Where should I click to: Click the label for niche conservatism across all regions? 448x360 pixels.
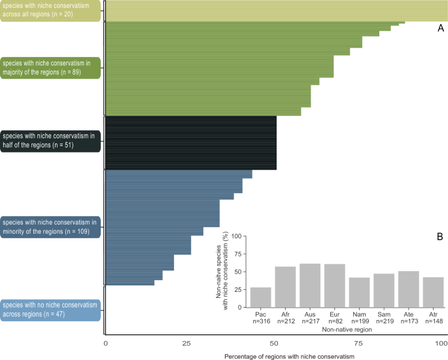[x=50, y=10]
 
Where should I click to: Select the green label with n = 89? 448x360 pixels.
[x=50, y=67]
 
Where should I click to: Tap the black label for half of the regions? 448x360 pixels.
[x=50, y=140]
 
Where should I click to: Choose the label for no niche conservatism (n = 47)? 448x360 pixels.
[x=50, y=310]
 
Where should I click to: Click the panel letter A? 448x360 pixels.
[x=441, y=29]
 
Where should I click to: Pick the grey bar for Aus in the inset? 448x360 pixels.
[x=309, y=285]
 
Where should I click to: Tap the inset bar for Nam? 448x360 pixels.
[x=360, y=292]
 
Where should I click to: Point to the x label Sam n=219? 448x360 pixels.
[x=384, y=317]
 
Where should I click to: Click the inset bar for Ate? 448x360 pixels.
[x=408, y=289]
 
